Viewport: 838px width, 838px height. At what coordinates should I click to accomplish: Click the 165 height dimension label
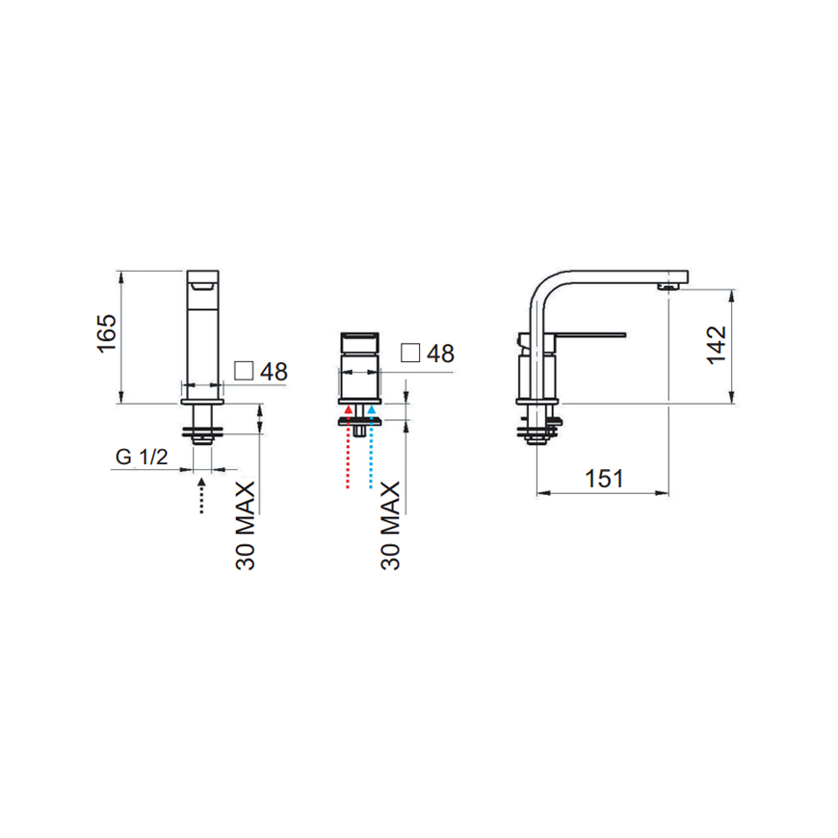point(106,333)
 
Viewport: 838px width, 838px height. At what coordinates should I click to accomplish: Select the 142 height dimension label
point(717,345)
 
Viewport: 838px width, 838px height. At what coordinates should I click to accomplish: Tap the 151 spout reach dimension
point(604,479)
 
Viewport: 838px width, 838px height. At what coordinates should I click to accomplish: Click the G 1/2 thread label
point(142,457)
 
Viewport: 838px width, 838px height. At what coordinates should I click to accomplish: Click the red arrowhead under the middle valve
point(348,409)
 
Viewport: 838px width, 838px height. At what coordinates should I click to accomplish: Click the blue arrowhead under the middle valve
point(371,409)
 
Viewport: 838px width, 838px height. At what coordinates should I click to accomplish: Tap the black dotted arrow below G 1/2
point(201,496)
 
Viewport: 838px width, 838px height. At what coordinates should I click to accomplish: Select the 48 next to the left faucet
point(274,372)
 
